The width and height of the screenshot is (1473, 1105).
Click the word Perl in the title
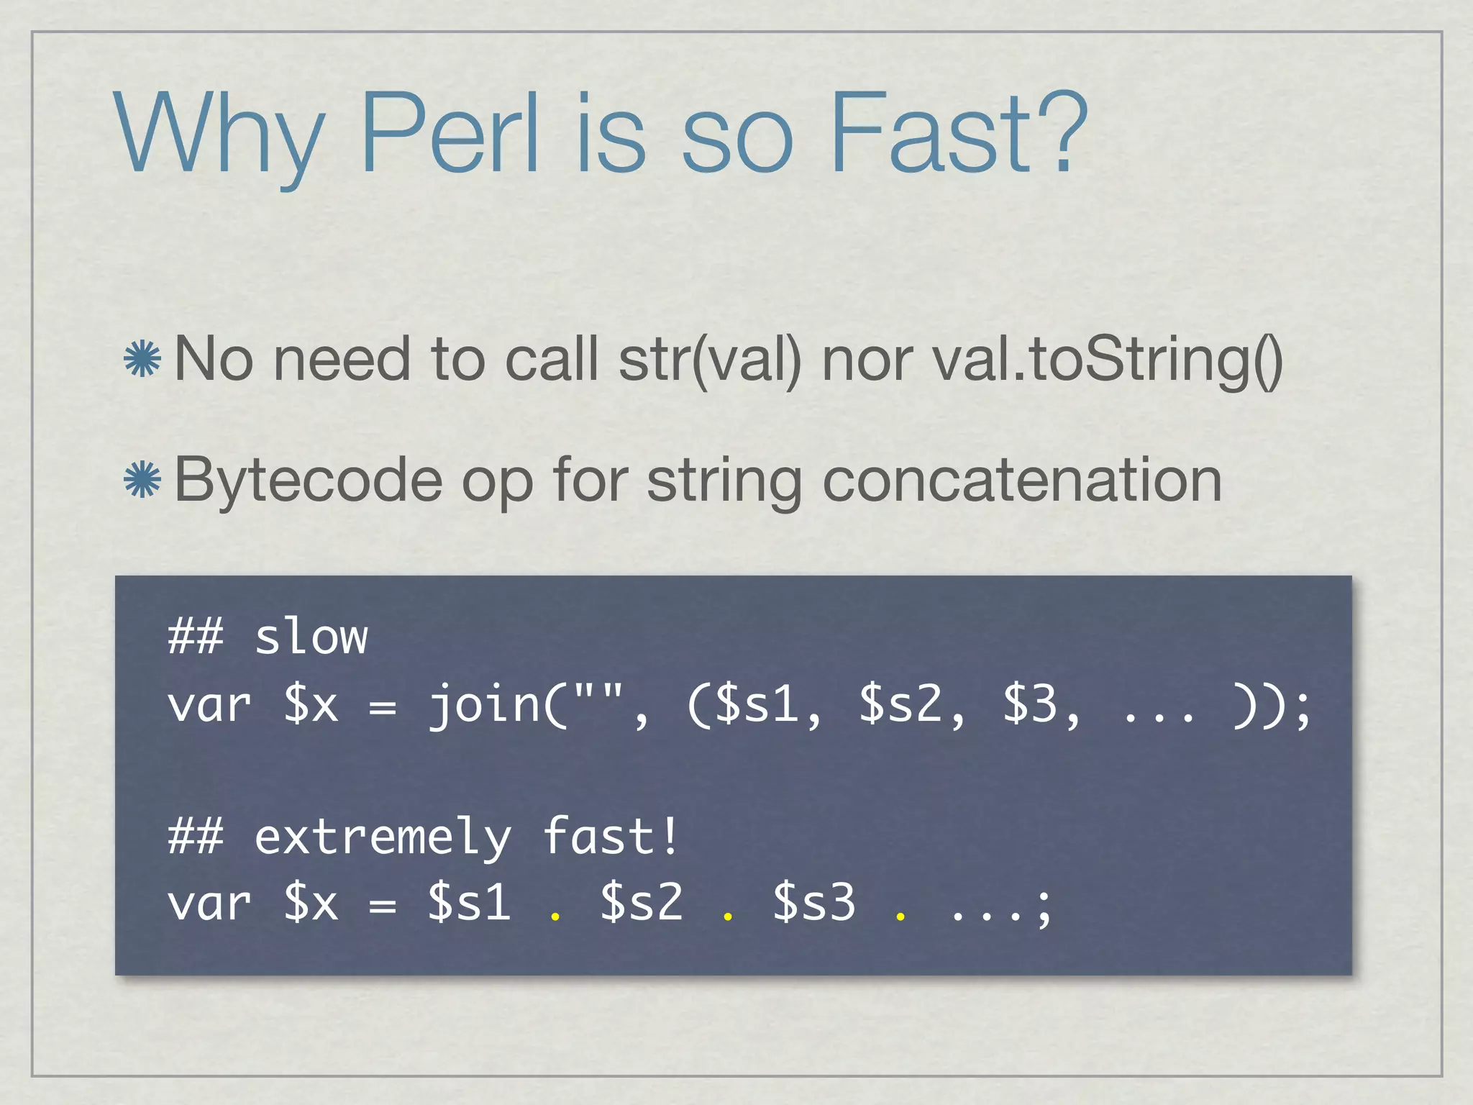pos(449,133)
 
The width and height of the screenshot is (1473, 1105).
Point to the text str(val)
pos(709,359)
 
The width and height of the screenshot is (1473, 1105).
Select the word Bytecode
pos(308,481)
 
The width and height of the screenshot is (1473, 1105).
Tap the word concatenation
pos(1022,480)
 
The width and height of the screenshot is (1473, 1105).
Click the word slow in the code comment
pos(311,637)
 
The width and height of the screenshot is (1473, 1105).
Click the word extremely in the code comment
pos(383,837)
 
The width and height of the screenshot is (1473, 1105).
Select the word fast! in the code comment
pos(610,836)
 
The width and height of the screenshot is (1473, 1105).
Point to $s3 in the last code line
pos(814,903)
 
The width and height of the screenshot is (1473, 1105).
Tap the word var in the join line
pos(209,705)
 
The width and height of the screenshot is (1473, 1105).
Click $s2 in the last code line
pos(642,903)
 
